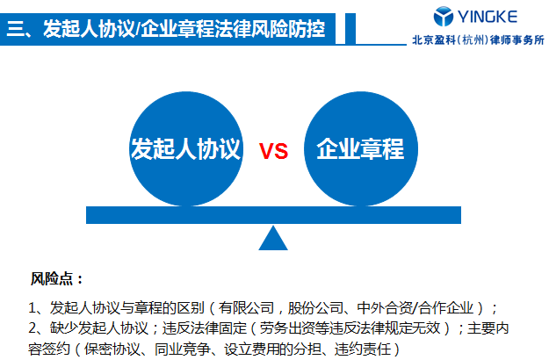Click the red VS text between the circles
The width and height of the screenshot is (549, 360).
coord(273,151)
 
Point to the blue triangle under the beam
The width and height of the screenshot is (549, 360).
coord(274,238)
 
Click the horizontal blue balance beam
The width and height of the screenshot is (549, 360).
coord(274,214)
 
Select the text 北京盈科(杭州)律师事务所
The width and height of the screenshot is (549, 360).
coord(478,39)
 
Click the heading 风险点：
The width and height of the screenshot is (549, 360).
coord(57,279)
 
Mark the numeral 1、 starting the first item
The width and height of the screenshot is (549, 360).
coord(35,308)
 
